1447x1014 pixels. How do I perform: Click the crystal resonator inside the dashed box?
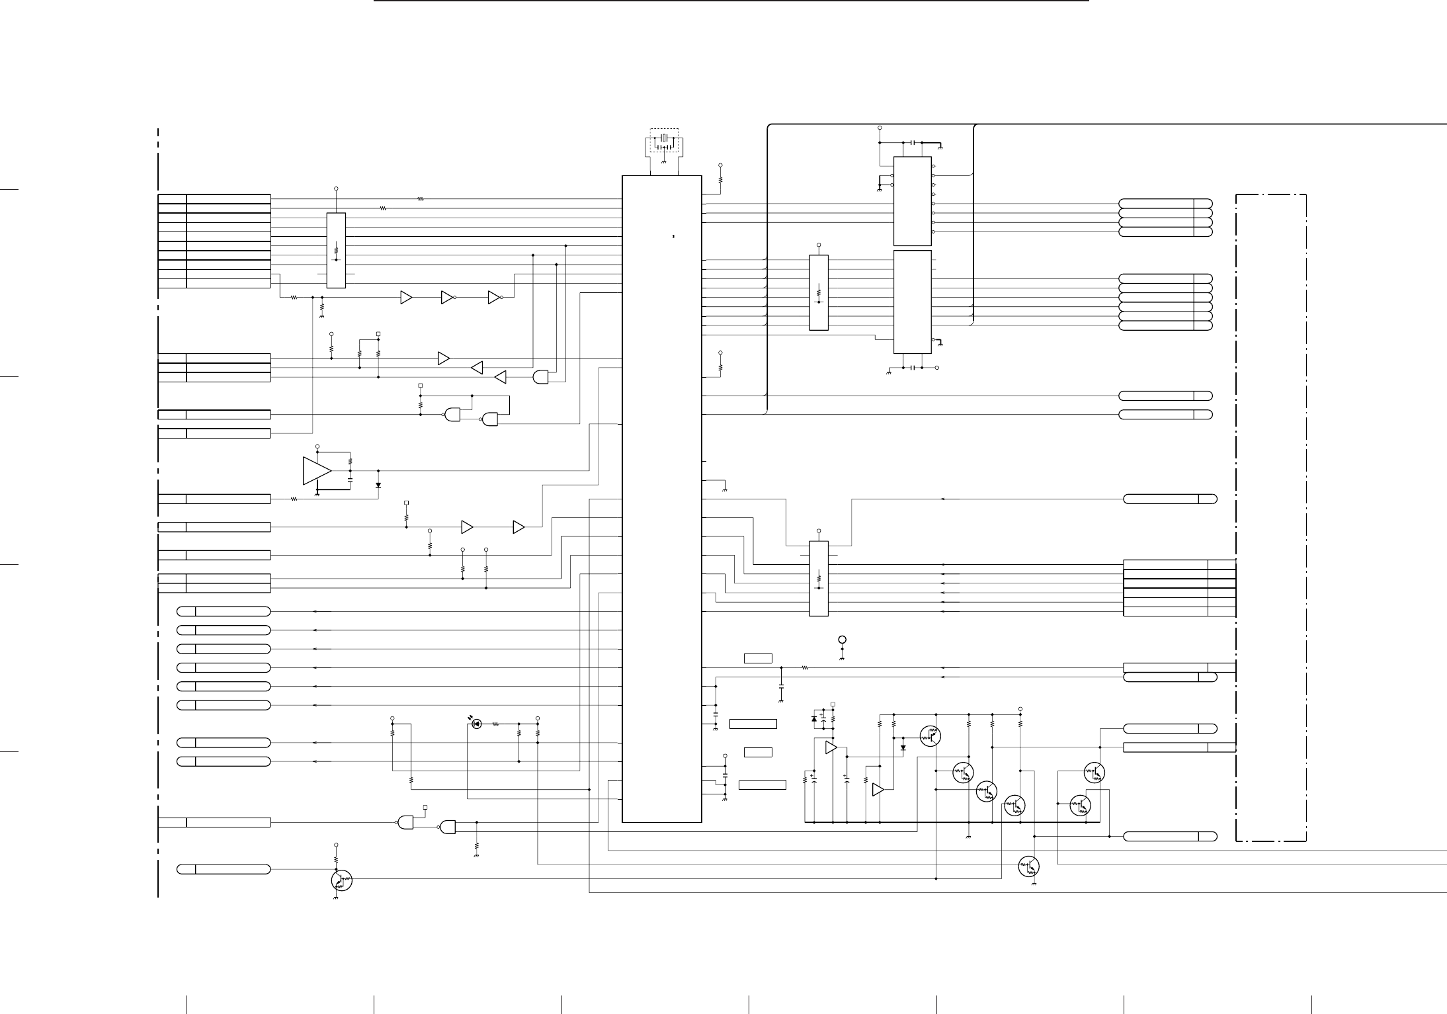(664, 138)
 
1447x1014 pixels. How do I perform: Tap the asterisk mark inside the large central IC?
(673, 236)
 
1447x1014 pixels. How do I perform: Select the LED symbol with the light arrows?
(475, 724)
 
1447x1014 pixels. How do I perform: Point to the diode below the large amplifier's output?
(378, 485)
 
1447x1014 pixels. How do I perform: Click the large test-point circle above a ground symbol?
(842, 640)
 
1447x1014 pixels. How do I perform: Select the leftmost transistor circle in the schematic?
(341, 880)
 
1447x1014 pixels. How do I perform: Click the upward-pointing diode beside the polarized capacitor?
(814, 718)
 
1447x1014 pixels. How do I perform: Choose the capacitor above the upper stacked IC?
(912, 143)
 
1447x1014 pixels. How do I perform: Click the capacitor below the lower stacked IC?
(912, 367)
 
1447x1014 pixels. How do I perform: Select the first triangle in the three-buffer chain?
(406, 298)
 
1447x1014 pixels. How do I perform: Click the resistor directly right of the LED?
(495, 724)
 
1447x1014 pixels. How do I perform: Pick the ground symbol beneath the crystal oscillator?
(663, 161)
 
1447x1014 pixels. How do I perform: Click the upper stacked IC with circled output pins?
(912, 201)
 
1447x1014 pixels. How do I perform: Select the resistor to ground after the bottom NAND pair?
(476, 845)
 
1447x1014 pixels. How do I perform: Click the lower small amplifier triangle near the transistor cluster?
(878, 790)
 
